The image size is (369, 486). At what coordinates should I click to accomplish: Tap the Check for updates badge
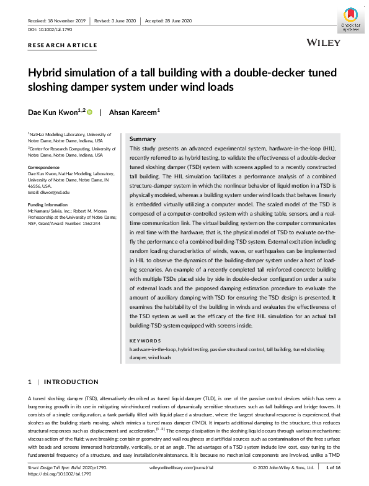click(x=351, y=21)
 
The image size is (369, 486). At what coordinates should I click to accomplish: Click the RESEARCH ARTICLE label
click(x=63, y=45)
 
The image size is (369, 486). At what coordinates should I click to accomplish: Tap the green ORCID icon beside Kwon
click(x=89, y=112)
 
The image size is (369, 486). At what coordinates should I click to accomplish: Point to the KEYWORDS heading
click(x=145, y=341)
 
